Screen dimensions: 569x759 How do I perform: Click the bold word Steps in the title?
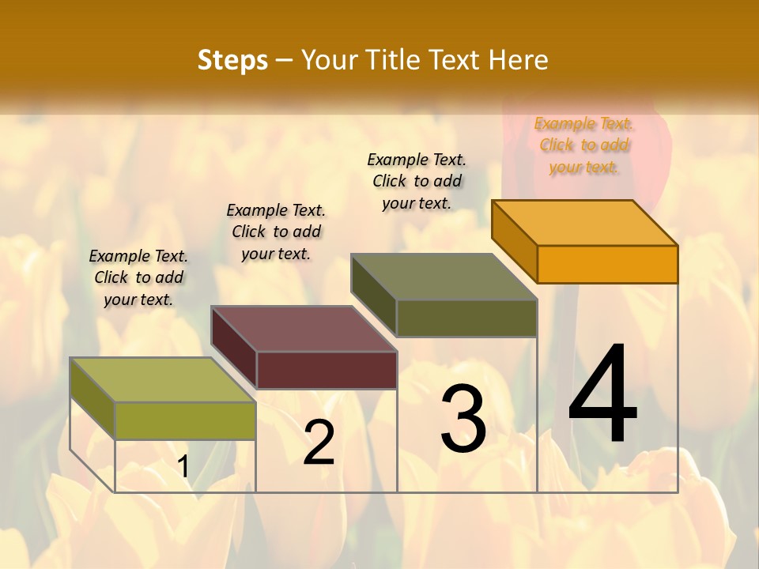click(232, 60)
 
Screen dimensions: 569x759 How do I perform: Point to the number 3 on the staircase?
click(463, 419)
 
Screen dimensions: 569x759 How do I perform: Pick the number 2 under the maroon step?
click(319, 443)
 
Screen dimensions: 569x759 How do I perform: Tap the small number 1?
click(183, 467)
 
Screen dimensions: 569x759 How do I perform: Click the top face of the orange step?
click(584, 223)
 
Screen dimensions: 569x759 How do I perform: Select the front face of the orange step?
click(607, 264)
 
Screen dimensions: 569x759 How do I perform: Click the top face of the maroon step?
click(304, 329)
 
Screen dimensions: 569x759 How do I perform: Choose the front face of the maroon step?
click(327, 370)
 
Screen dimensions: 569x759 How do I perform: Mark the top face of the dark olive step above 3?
click(444, 277)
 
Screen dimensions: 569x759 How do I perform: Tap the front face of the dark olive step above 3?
click(466, 318)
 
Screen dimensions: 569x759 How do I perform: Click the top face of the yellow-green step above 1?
click(163, 379)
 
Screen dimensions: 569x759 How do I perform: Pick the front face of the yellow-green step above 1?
click(186, 420)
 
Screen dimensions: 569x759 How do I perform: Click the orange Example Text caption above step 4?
click(583, 145)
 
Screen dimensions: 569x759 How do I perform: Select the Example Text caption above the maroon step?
click(276, 232)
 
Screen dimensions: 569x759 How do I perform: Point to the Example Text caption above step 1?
click(138, 277)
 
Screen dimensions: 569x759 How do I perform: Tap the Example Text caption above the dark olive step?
click(417, 181)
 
